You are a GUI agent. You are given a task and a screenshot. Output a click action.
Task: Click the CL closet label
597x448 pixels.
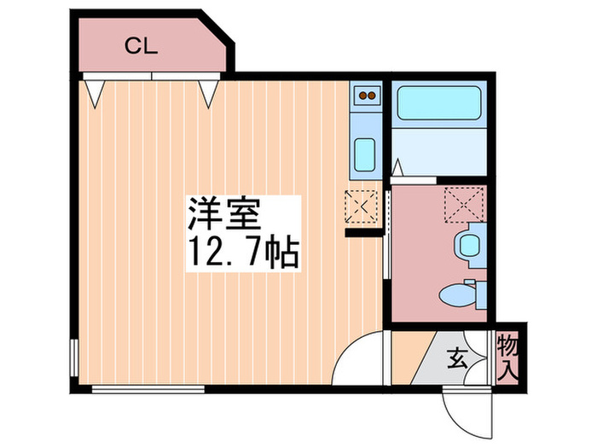[x=142, y=46]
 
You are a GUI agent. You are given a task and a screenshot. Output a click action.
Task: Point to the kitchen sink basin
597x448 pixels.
[x=364, y=154]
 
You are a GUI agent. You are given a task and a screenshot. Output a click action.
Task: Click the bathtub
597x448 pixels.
[x=440, y=105]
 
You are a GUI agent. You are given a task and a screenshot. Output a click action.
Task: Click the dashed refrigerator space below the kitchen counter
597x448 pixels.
[x=362, y=205]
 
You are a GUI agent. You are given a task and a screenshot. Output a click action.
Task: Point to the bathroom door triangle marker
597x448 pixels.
[x=397, y=166]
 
